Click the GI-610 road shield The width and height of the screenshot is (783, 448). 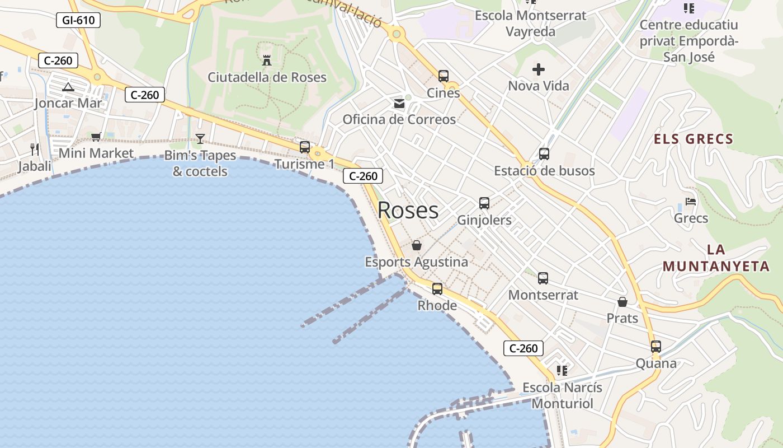[78, 21]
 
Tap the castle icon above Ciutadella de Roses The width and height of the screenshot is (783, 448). [267, 60]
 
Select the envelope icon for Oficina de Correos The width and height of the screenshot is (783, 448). [399, 103]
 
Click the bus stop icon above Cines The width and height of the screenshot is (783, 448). [444, 76]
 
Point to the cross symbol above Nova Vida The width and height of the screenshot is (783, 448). [539, 69]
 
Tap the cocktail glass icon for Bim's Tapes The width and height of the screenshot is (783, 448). [200, 138]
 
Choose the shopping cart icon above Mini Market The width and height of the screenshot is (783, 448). [96, 137]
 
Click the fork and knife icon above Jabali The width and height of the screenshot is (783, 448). [35, 149]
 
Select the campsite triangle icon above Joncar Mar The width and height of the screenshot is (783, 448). [68, 87]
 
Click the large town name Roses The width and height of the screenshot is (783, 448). [408, 210]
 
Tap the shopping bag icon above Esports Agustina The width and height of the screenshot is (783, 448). [416, 245]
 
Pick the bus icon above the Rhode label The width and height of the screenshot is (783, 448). [437, 289]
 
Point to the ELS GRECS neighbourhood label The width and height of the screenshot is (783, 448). [694, 139]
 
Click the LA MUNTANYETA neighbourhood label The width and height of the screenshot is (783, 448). [716, 258]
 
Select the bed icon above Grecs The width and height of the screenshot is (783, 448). [691, 202]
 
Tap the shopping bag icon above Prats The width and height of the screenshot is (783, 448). [622, 302]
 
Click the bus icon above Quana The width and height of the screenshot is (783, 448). [656, 347]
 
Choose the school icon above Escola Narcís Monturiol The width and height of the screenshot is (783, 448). [562, 371]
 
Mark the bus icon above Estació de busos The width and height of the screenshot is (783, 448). [544, 154]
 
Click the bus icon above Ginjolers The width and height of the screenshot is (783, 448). [484, 203]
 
